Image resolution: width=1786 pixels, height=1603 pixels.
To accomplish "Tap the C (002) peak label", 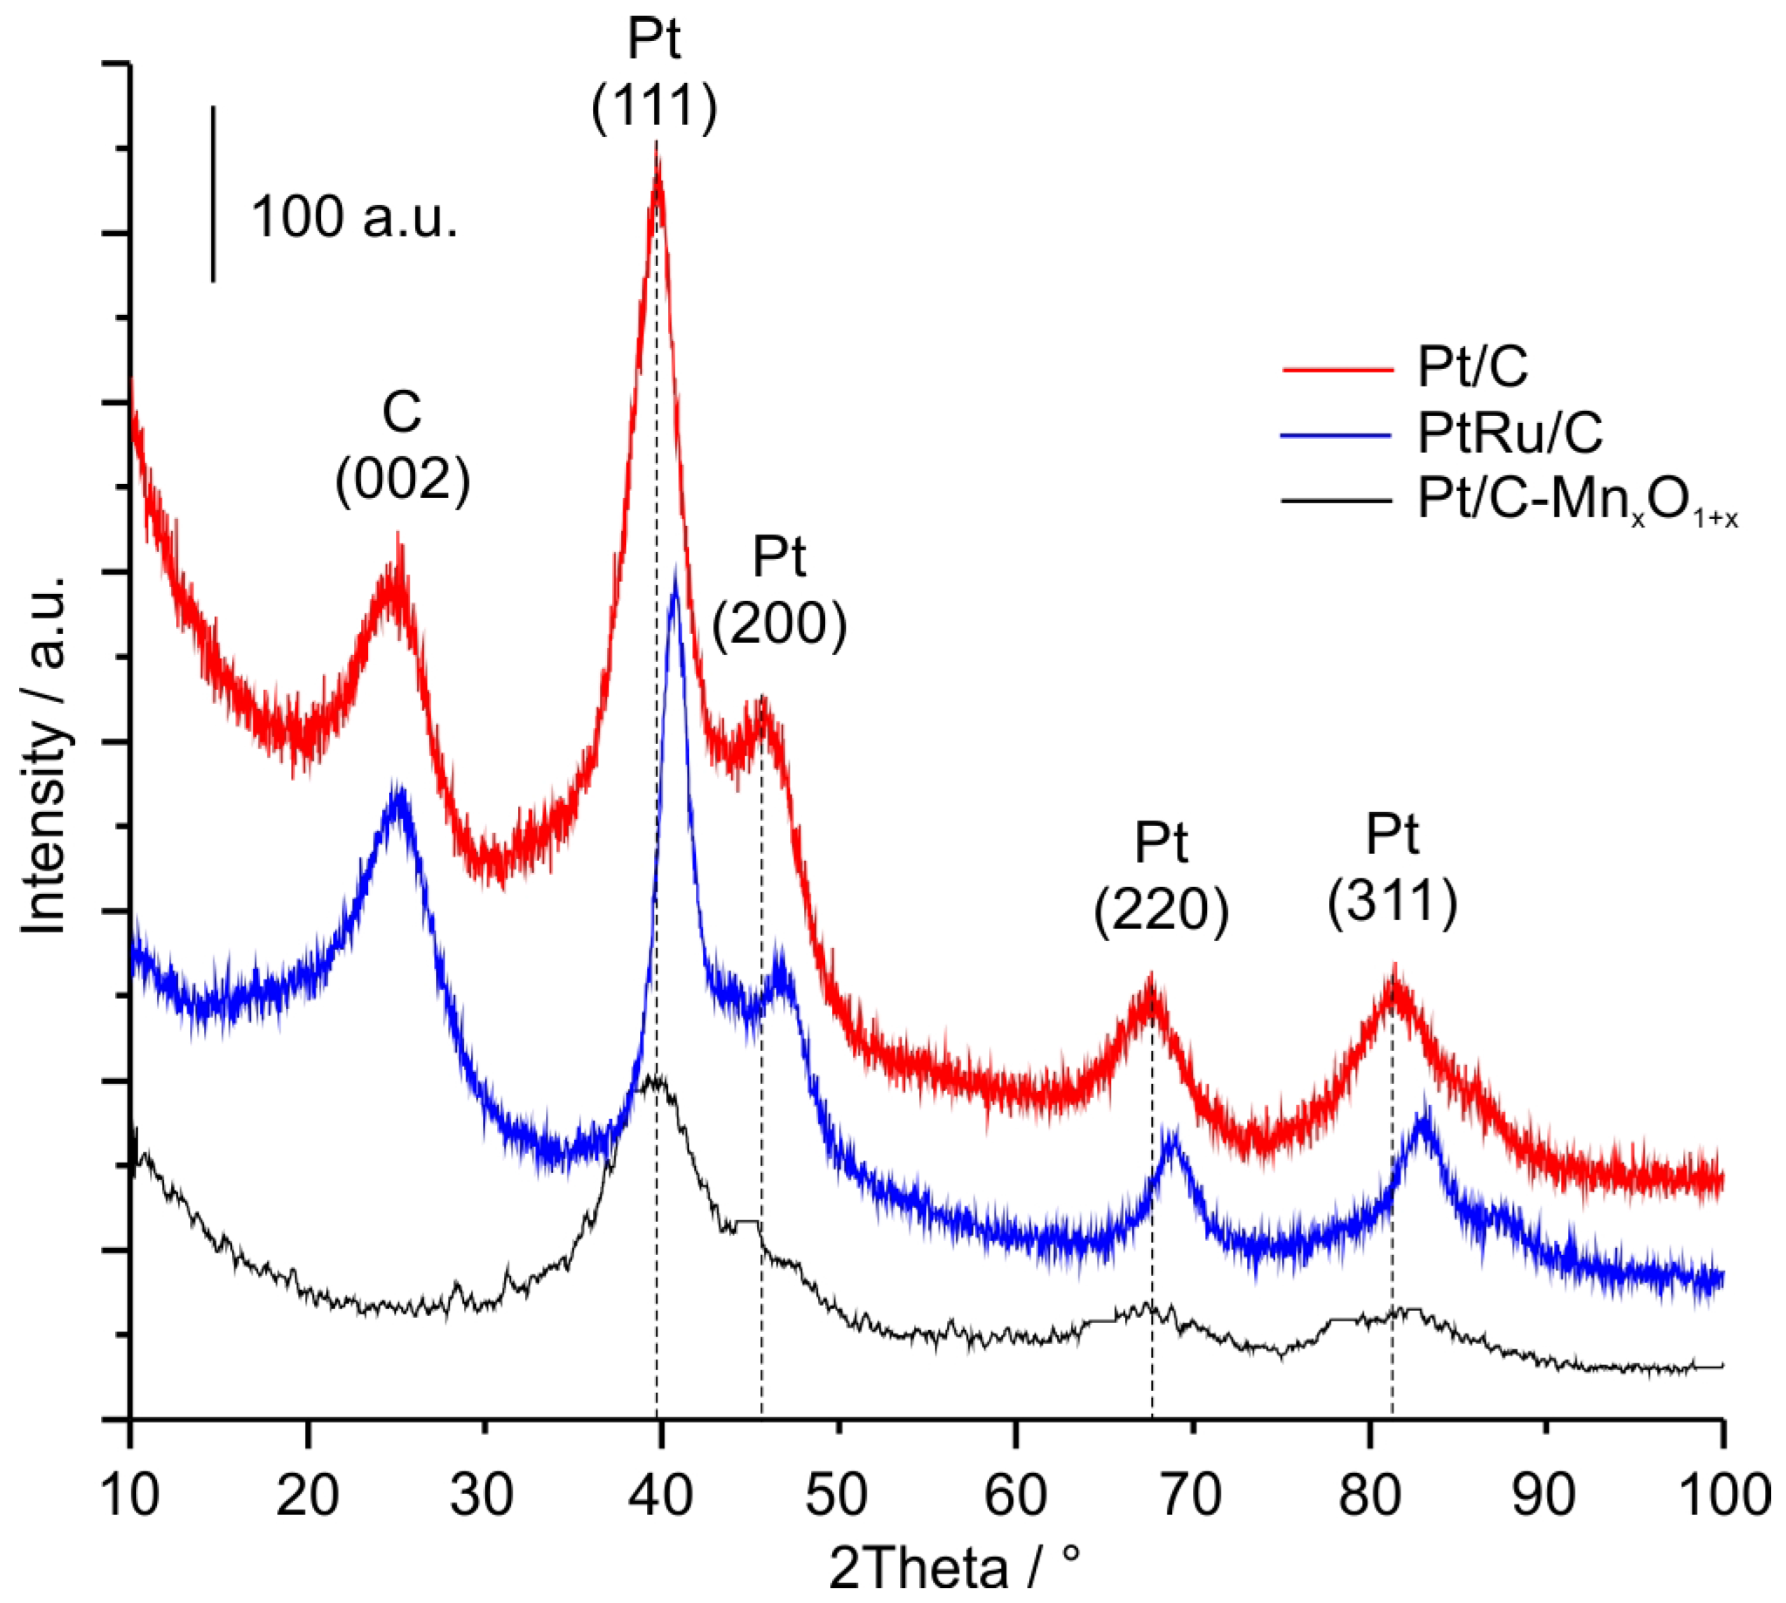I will click(403, 446).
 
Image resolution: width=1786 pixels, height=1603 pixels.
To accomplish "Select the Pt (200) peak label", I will click(780, 590).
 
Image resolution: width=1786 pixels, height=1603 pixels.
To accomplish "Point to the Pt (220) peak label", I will click(1161, 877).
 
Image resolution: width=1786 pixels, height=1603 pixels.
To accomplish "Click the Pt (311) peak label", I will click(1393, 868).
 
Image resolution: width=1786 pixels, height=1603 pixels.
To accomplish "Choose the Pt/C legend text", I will click(1472, 366).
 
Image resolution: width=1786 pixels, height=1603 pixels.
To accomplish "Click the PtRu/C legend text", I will click(1510, 433).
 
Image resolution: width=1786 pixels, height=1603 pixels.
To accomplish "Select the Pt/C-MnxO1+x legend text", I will click(1577, 501).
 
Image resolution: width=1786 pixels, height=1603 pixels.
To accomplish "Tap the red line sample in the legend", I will click(1337, 369).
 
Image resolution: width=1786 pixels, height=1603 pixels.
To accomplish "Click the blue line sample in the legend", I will click(1337, 435).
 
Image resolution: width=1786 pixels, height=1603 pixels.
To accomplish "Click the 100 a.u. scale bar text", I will click(354, 216).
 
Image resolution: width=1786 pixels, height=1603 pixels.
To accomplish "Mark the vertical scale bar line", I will click(213, 194).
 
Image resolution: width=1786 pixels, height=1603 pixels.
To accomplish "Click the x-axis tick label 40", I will click(659, 1495).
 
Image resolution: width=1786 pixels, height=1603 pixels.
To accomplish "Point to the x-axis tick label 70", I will click(1190, 1495).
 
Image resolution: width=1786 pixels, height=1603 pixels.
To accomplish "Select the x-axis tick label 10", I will click(130, 1495).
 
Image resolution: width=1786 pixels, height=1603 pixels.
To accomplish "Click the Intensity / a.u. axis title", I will click(44, 753).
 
